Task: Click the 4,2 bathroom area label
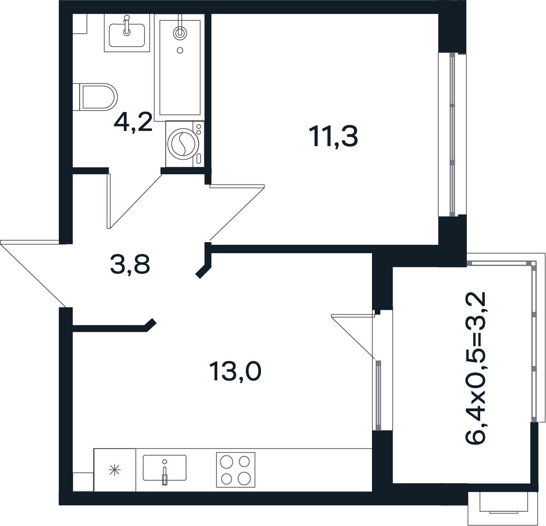[134, 122]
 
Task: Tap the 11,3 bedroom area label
[335, 136]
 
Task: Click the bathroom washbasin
[127, 33]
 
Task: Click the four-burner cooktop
[236, 470]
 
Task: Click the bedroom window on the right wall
[452, 135]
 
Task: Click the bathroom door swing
[135, 201]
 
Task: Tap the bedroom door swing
[237, 212]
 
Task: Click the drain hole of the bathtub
[180, 50]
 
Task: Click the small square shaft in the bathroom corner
[79, 24]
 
